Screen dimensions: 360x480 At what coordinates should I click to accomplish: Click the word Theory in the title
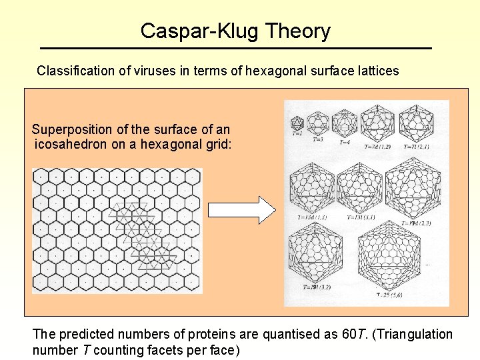coord(297,31)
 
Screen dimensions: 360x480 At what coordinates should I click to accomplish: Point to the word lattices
coord(377,70)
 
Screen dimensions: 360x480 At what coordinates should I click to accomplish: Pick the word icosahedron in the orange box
coord(73,143)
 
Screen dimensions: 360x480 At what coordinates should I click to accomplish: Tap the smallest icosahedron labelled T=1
coord(297,123)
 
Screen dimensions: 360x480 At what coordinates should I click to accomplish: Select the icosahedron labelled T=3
coord(319,122)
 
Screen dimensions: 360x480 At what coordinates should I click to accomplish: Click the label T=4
coord(345,143)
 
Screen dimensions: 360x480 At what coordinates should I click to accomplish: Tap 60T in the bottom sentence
coord(350,334)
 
